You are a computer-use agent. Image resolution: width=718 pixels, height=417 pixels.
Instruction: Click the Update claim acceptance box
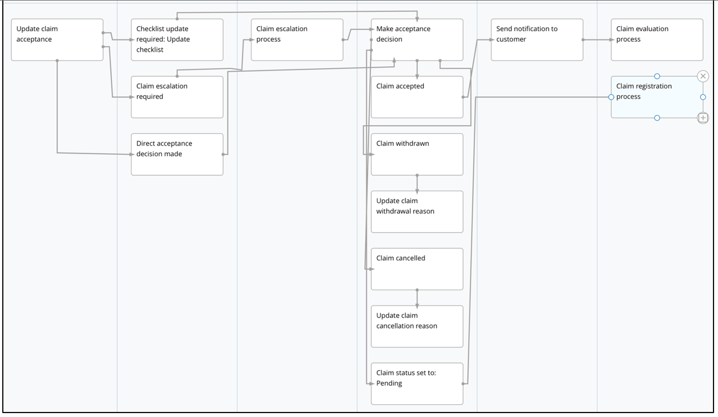tap(57, 39)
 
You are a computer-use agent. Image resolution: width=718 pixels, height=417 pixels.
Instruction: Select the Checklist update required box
tap(177, 39)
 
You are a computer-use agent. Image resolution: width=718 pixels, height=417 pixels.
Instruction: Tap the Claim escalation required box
tap(177, 97)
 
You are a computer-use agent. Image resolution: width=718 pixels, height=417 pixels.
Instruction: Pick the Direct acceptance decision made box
tap(177, 154)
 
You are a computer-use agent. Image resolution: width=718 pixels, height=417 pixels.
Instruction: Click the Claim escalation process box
tap(297, 39)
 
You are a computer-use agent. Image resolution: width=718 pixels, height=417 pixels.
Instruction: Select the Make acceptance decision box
tap(417, 39)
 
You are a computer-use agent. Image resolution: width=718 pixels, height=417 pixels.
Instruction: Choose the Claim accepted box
tap(417, 97)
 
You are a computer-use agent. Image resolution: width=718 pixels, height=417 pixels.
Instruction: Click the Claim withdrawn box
tap(417, 154)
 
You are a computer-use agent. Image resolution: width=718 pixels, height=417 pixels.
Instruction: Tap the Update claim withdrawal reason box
tap(417, 211)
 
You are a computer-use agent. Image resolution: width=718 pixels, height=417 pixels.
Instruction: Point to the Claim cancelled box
tap(417, 269)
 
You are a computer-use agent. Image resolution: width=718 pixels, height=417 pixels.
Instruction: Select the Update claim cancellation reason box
tap(417, 326)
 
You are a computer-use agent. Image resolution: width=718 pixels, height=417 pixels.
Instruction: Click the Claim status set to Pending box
tap(417, 384)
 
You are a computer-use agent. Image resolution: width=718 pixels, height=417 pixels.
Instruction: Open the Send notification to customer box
tap(537, 39)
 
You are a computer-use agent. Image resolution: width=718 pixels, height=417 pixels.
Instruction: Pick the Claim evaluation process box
tap(657, 39)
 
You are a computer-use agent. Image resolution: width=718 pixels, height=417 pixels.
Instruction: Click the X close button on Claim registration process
tap(703, 76)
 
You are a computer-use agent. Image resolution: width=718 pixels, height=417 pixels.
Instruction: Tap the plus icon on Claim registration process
tap(703, 118)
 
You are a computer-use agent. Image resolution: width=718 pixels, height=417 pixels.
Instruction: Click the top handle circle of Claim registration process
tap(657, 76)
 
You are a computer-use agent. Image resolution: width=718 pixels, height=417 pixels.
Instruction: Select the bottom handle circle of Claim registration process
tap(657, 118)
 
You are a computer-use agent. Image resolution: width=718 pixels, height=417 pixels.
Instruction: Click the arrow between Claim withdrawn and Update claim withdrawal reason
tap(417, 183)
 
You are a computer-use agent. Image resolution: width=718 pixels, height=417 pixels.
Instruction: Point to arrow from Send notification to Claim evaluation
tap(597, 40)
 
